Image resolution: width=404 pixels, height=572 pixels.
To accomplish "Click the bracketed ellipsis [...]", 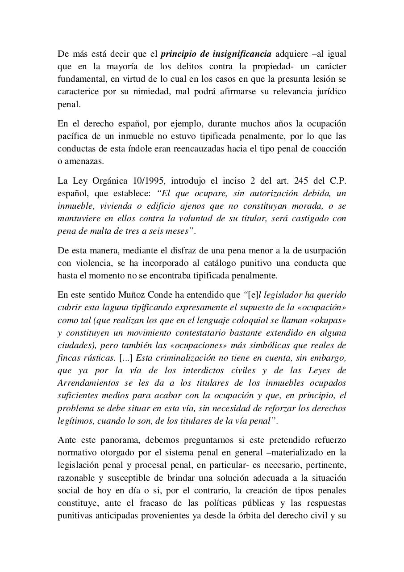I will coord(125,358).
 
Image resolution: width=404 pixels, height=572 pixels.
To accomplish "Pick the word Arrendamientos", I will coord(88,383).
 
